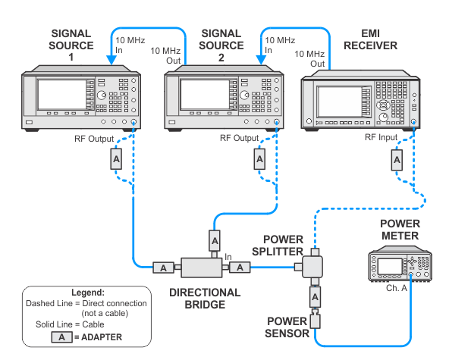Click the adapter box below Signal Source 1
tap(116, 159)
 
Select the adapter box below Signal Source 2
tap(259, 159)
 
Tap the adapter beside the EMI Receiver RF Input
tap(397, 160)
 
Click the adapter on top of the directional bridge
tap(215, 241)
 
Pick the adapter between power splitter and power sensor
tap(315, 297)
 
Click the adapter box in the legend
tap(62, 337)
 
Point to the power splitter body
tap(312, 267)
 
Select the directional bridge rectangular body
tap(202, 268)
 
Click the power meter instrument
tap(400, 264)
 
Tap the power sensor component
tap(315, 319)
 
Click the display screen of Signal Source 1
tap(62, 95)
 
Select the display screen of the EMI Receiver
tap(340, 102)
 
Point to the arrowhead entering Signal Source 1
tap(111, 60)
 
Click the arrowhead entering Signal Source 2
tap(261, 60)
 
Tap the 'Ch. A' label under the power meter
tap(397, 288)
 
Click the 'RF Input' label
tap(381, 137)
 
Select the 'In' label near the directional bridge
tap(228, 257)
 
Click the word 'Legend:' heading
tap(88, 293)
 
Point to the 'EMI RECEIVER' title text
tap(371, 39)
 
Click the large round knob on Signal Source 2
tap(244, 95)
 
